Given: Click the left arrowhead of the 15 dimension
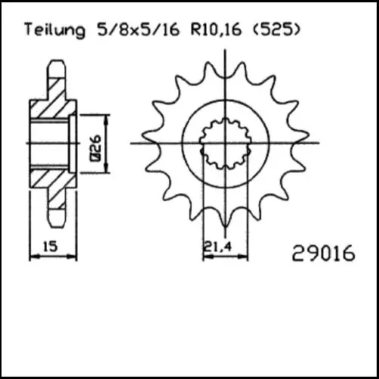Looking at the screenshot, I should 32,257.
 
